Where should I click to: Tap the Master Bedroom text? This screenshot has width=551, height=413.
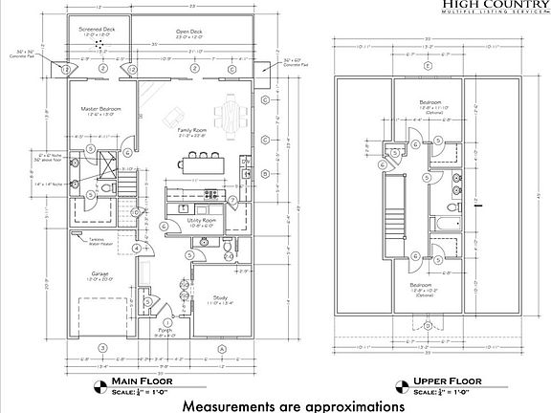coord(100,109)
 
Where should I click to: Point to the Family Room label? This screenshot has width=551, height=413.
coord(193,130)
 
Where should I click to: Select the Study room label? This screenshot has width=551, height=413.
coord(221,299)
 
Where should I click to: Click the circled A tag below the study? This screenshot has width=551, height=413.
coord(220,345)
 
